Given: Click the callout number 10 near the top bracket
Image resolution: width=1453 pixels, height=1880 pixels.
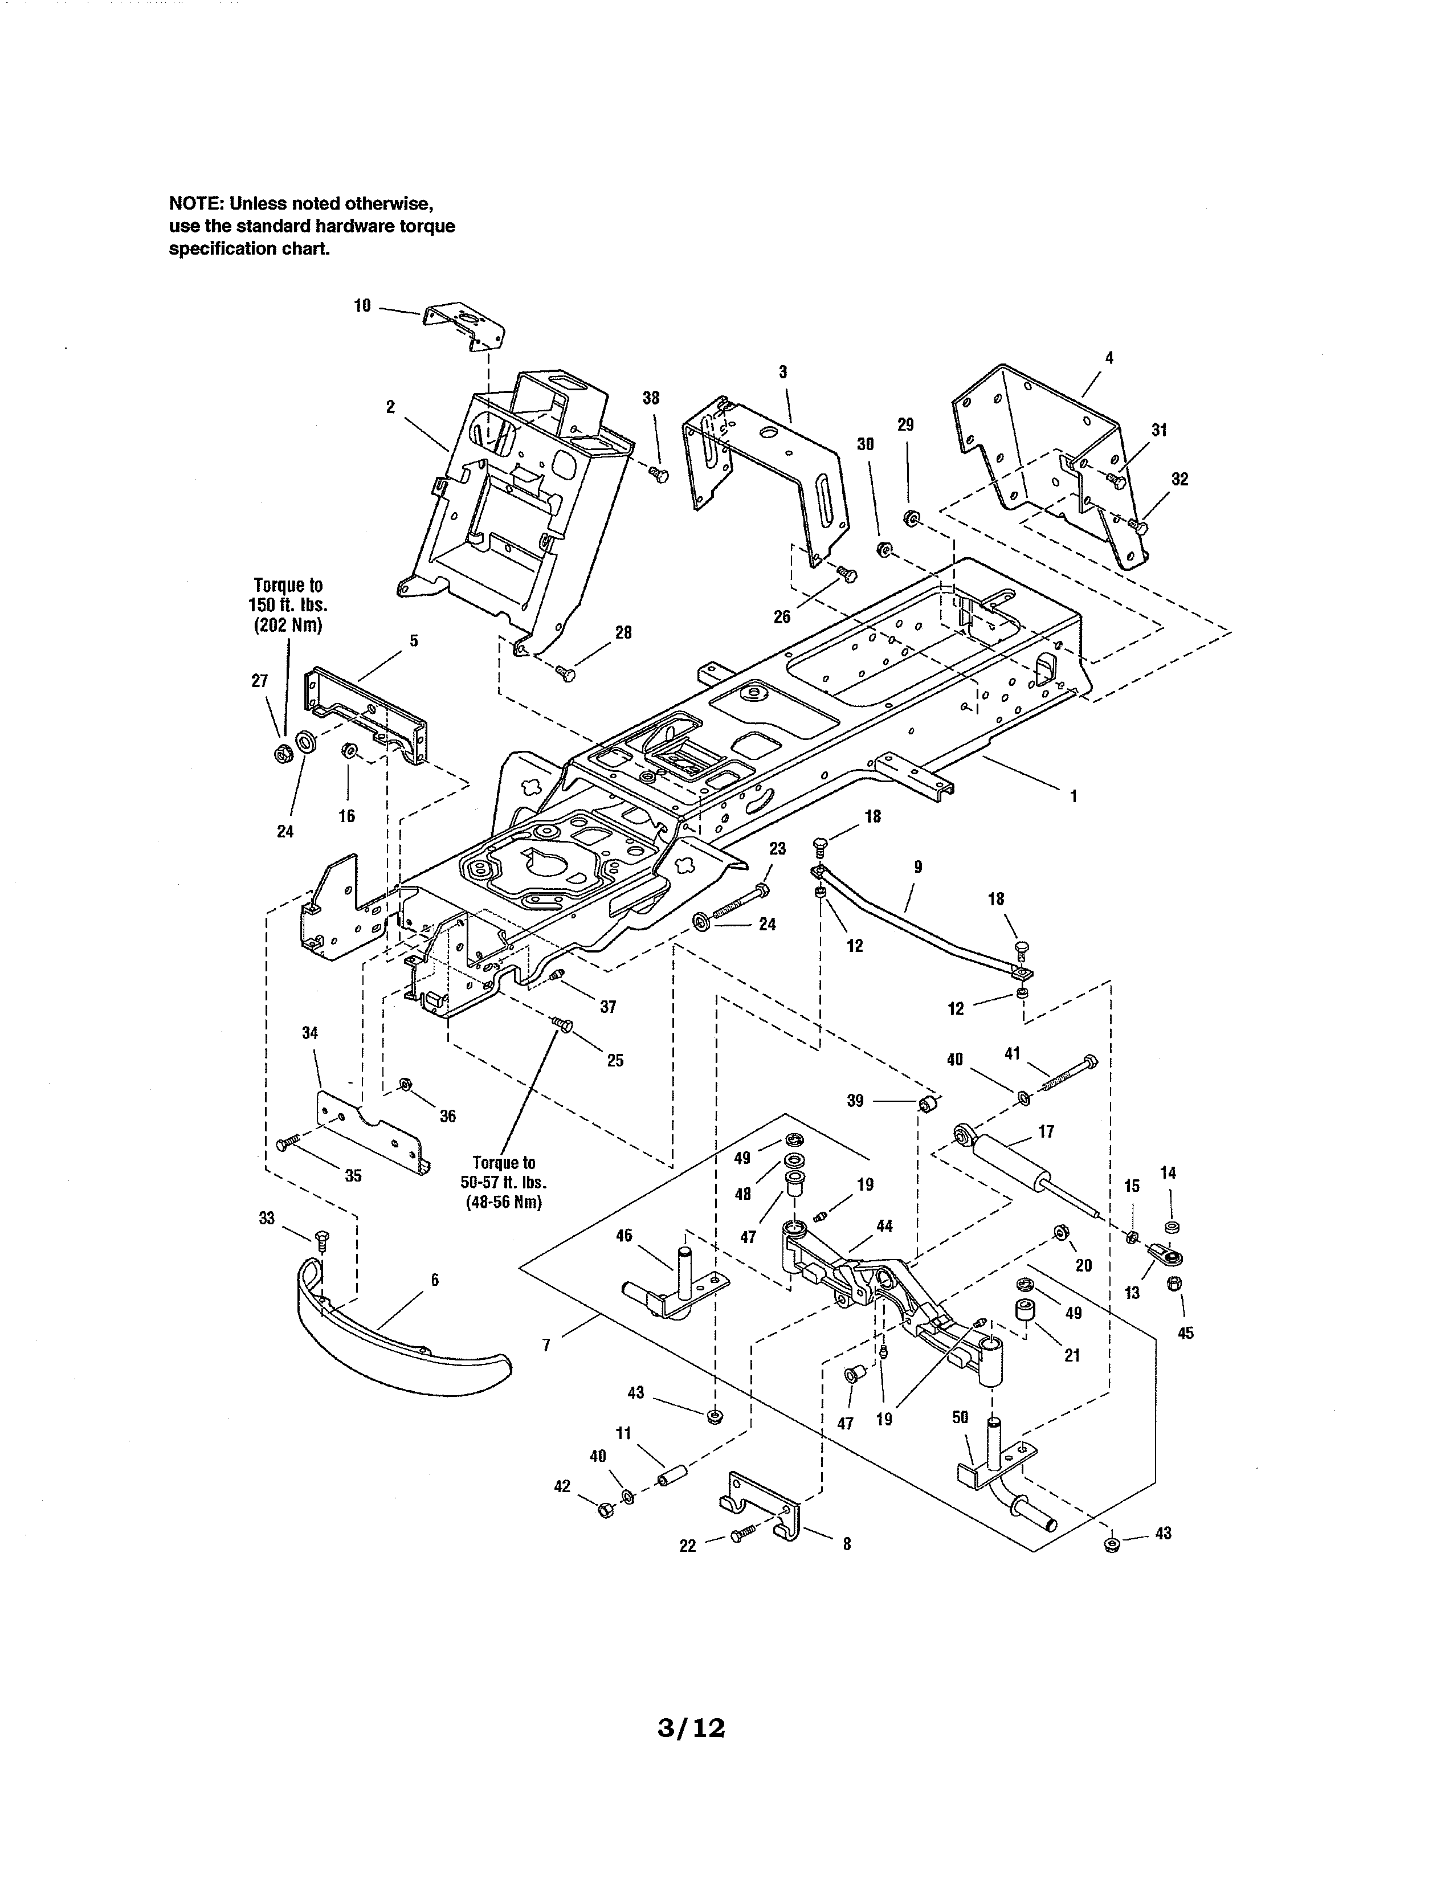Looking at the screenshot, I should (362, 305).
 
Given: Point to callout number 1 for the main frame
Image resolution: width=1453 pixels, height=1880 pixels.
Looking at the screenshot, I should (1074, 796).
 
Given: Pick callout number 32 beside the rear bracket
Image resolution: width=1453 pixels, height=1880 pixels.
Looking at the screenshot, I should (1179, 480).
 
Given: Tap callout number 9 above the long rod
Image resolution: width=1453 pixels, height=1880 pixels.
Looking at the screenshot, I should (917, 867).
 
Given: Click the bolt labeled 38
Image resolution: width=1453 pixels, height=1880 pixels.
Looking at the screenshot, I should (660, 473).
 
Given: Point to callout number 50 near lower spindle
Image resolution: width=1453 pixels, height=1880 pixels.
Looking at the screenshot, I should (961, 1417).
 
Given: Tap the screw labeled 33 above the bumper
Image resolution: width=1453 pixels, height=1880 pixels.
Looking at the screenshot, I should (323, 1240).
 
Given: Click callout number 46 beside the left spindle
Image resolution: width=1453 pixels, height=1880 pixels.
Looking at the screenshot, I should (624, 1235).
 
